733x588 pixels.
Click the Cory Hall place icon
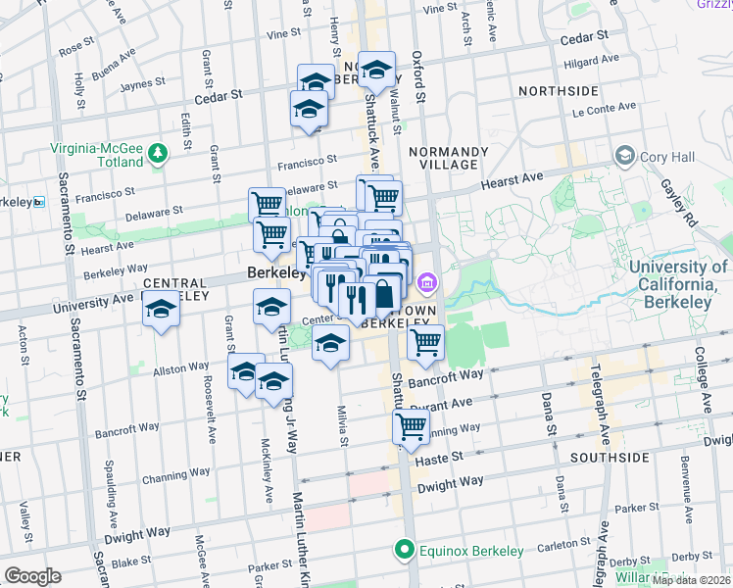pos(623,156)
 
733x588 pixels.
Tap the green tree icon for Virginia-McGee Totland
pos(157,153)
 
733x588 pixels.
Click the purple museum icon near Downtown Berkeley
pos(426,285)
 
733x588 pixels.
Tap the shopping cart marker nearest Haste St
pos(411,426)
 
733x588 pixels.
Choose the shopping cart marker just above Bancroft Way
pos(425,343)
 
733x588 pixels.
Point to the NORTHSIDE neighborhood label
pos(558,91)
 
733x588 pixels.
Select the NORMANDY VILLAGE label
pos(448,159)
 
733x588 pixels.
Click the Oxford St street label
pos(418,77)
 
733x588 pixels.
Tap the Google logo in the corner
pos(33,576)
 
